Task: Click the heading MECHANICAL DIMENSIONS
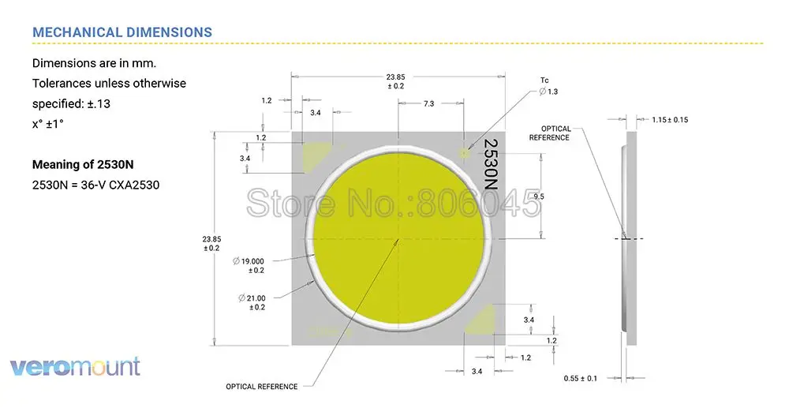(122, 32)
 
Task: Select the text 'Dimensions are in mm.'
(93, 63)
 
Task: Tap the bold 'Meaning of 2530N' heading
(82, 165)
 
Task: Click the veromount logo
(75, 366)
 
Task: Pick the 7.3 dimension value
(428, 103)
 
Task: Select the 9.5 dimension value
(540, 195)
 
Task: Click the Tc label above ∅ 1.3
(544, 80)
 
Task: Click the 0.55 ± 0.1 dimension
(580, 378)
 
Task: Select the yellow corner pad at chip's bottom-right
(481, 320)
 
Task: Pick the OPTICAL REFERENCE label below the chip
(261, 387)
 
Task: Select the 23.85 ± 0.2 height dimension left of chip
(211, 242)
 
